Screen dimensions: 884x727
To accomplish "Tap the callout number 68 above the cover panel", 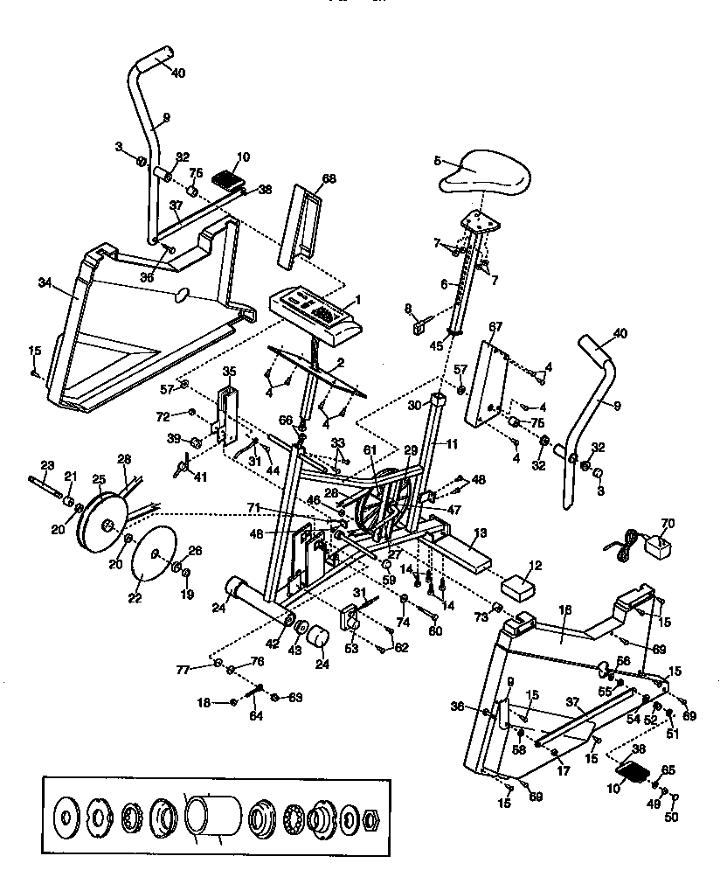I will (329, 179).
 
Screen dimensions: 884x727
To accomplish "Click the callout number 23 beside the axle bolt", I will (47, 464).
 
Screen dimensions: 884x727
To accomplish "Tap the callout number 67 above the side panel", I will (495, 326).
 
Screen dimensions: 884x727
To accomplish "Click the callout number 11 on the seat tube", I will (452, 444).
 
